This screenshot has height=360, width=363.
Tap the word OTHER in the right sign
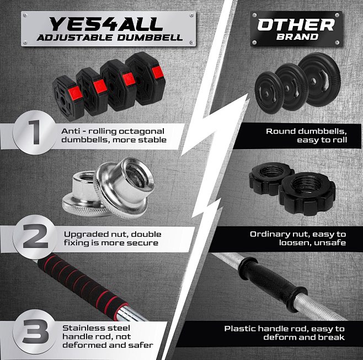(x=296, y=24)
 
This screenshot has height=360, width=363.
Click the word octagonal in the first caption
(x=147, y=131)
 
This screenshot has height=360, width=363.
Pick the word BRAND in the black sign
(x=296, y=36)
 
